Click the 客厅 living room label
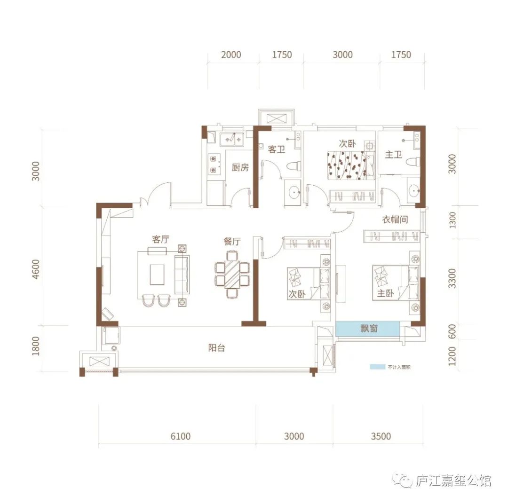[161, 239]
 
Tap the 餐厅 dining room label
[232, 241]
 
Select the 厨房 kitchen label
[240, 167]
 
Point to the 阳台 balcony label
[216, 348]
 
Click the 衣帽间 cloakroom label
[395, 219]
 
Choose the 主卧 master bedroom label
[385, 293]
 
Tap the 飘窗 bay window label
[369, 329]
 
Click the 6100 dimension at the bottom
[181, 436]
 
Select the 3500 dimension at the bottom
[381, 436]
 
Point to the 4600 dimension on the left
[36, 269]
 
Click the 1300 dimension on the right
[452, 220]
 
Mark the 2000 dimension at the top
[231, 55]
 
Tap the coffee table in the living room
[157, 275]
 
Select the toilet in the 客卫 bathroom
[294, 166]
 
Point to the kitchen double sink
[231, 139]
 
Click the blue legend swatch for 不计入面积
[377, 367]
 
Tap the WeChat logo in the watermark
[402, 480]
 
